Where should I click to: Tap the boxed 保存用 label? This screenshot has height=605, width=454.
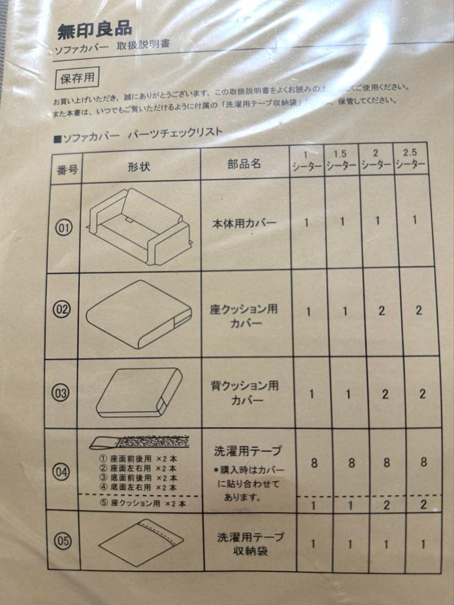(x=77, y=78)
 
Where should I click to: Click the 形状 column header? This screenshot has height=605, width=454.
(x=138, y=167)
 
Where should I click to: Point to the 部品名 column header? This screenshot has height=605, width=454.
(x=244, y=164)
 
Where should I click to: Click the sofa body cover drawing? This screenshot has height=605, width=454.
(x=140, y=224)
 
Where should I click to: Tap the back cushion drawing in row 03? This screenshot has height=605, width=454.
(x=140, y=392)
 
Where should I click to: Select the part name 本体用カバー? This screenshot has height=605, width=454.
(x=244, y=223)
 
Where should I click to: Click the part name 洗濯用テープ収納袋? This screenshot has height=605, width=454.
(x=249, y=543)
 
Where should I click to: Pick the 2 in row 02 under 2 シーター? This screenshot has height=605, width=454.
(x=381, y=311)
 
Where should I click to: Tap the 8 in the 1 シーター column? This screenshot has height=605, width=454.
(x=313, y=463)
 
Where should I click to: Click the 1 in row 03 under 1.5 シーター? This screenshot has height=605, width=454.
(x=348, y=394)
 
